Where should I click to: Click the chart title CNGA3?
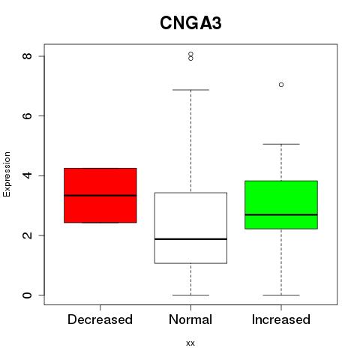point(190,23)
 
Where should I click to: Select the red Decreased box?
point(100,195)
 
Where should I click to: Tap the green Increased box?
point(281,205)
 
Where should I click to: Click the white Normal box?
point(190,228)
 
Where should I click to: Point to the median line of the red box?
point(100,196)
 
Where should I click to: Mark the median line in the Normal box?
point(190,239)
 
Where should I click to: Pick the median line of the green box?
point(281,214)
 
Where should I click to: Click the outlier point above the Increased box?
point(281,85)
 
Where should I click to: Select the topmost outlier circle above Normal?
point(190,54)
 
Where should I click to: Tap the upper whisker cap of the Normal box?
point(190,90)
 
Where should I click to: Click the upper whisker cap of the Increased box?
point(281,144)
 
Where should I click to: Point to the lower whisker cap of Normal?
point(190,295)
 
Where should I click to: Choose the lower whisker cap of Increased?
point(281,295)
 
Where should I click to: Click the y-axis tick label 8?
point(27,56)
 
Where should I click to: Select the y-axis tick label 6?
point(27,115)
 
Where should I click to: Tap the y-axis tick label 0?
point(27,295)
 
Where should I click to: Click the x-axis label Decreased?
point(100,319)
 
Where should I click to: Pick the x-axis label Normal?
point(190,319)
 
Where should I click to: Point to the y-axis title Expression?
point(7,174)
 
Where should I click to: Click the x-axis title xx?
point(190,343)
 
